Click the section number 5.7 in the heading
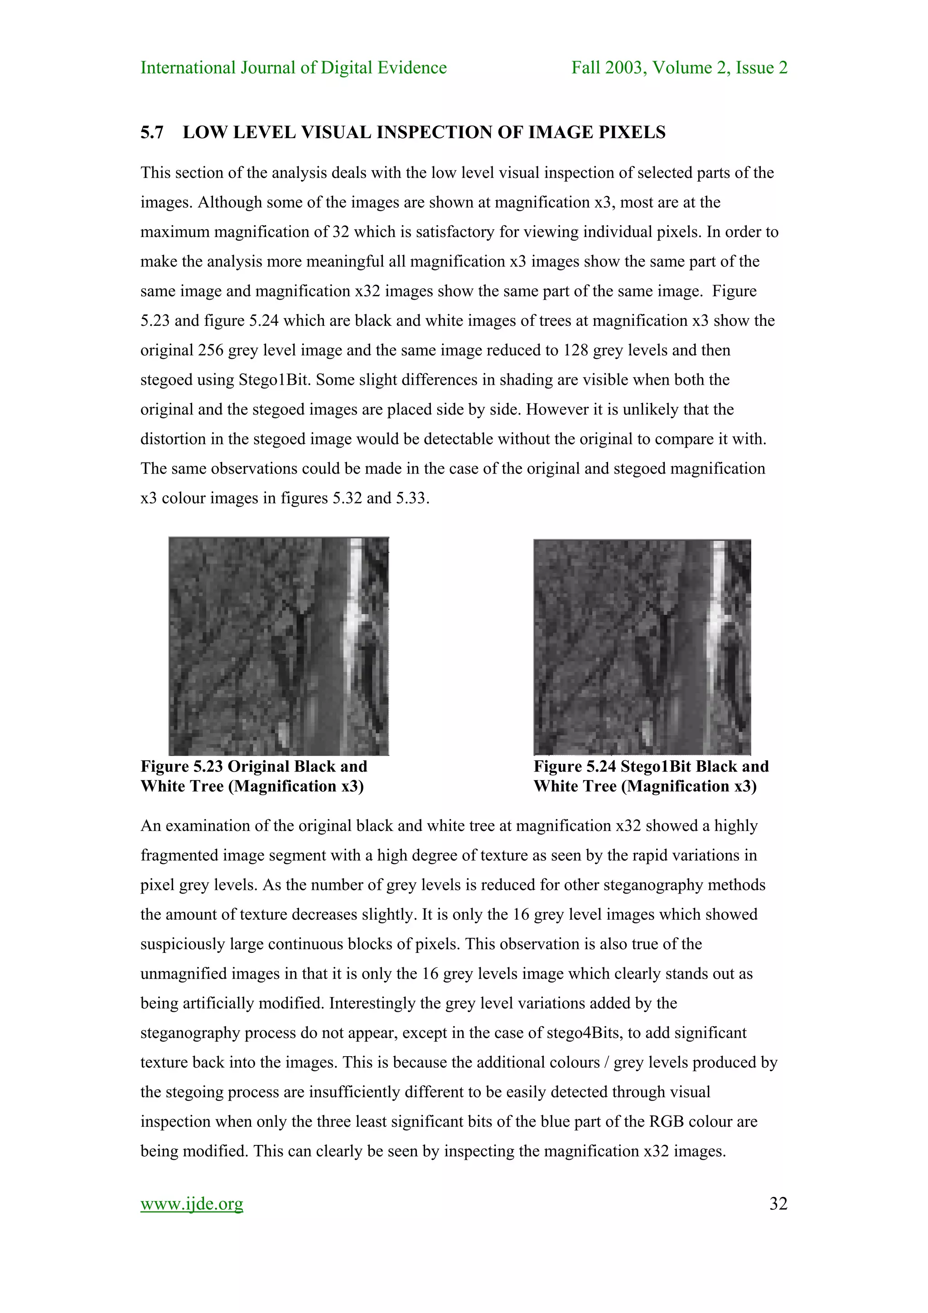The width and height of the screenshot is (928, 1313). click(151, 132)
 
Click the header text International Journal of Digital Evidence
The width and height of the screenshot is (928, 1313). click(293, 68)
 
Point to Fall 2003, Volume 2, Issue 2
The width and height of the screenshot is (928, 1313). click(679, 68)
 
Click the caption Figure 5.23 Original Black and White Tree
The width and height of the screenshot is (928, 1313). click(254, 776)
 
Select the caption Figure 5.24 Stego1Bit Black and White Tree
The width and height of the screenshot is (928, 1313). click(651, 776)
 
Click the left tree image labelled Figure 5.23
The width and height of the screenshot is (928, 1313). click(279, 646)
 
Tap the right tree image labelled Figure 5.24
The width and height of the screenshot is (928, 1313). click(642, 647)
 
